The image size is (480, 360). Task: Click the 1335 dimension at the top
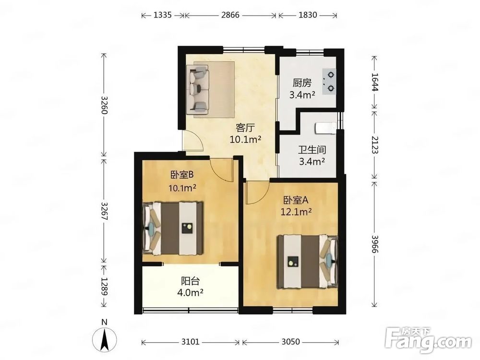(162, 15)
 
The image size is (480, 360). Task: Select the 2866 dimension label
(230, 15)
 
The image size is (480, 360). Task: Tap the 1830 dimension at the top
(308, 15)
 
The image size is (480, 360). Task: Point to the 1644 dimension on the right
(375, 82)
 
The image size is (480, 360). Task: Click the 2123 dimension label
(375, 145)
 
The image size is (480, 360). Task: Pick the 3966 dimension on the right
(375, 244)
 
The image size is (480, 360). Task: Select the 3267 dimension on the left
(104, 211)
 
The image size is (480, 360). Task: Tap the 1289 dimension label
(104, 287)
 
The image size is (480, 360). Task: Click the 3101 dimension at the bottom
(190, 342)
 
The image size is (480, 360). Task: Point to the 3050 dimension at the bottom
(290, 342)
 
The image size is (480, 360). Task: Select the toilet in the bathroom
(325, 128)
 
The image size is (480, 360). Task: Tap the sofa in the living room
(198, 89)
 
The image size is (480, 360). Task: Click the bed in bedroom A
(307, 262)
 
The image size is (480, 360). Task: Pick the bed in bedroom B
(173, 228)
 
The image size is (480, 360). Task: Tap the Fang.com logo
(429, 340)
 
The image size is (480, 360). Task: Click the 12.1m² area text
(296, 212)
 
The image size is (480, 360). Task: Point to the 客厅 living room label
(245, 127)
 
